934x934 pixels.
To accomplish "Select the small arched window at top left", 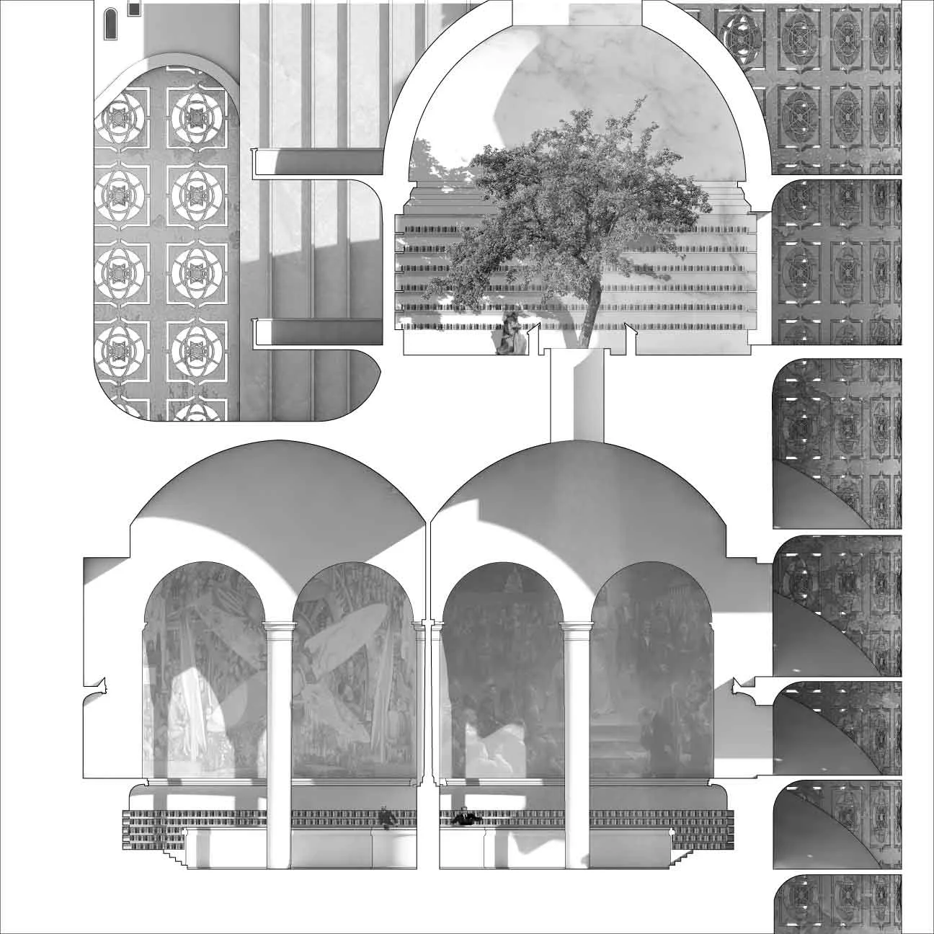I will pos(111,23).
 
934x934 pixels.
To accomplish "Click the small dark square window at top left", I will pos(133,8).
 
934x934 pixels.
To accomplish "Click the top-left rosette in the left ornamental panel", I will pos(116,116).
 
